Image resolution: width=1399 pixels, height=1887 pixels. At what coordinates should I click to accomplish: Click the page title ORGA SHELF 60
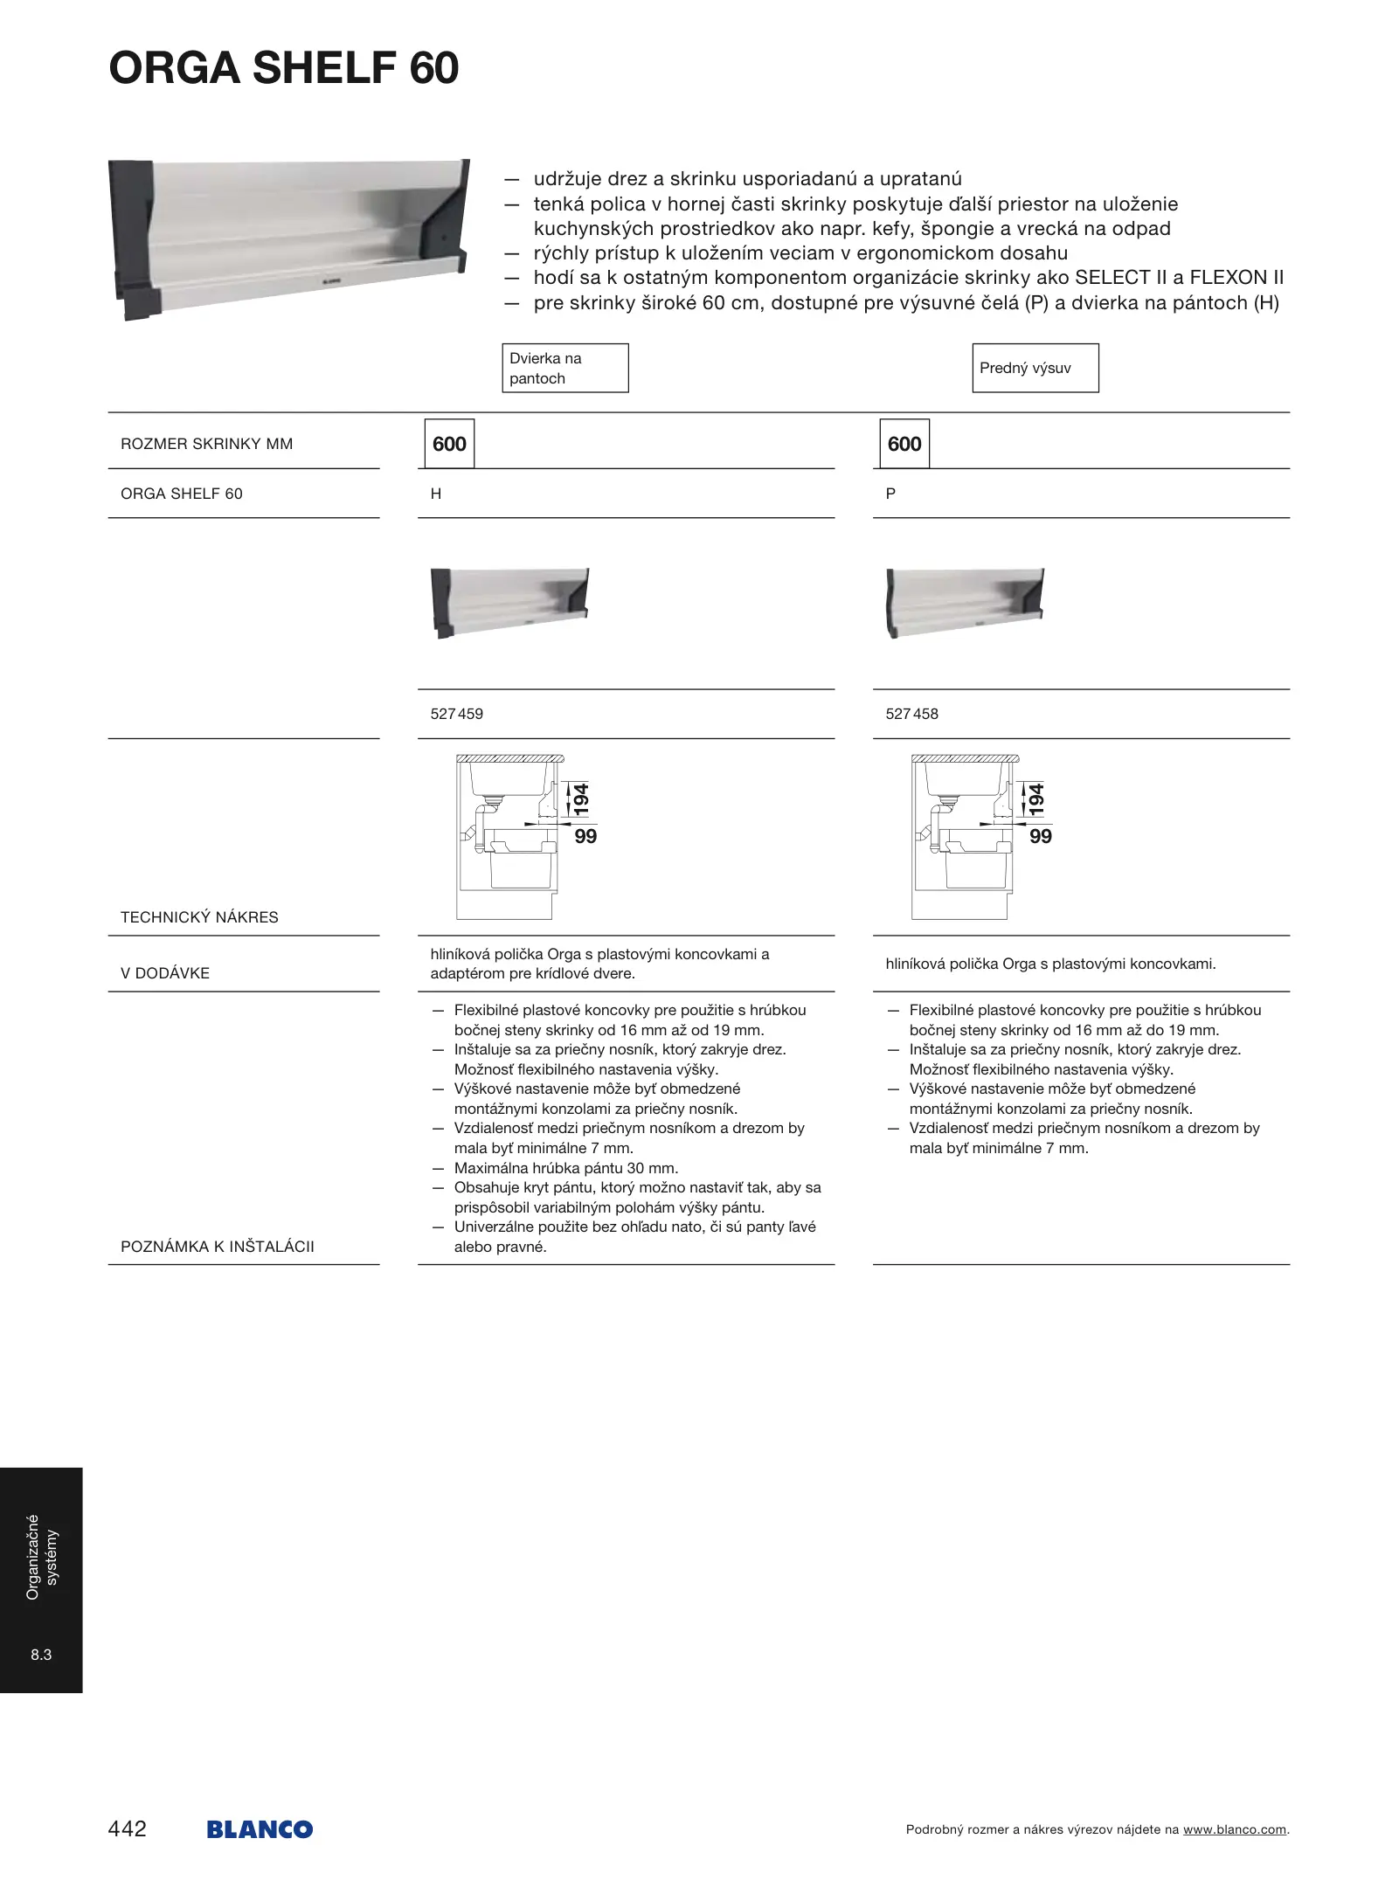click(x=284, y=68)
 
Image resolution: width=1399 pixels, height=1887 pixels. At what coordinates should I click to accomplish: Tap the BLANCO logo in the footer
click(x=260, y=1829)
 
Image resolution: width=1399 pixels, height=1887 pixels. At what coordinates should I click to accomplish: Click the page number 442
click(x=128, y=1828)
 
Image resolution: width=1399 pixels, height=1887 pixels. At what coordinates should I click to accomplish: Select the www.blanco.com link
click(x=1235, y=1829)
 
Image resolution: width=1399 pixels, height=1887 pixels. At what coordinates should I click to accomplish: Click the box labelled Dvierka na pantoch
click(x=564, y=368)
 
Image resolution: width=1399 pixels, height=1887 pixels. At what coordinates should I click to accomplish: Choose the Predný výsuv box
click(x=1035, y=368)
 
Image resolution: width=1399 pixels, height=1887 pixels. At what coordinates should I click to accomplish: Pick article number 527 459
click(x=456, y=714)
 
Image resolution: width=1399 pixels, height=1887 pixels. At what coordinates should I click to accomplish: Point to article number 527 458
click(x=911, y=714)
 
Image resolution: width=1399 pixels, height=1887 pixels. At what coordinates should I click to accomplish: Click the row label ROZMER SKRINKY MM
click(x=207, y=444)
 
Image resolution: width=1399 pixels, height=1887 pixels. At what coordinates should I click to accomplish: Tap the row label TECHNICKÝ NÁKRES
click(x=199, y=917)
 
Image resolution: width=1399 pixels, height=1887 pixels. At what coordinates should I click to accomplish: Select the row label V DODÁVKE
click(x=165, y=973)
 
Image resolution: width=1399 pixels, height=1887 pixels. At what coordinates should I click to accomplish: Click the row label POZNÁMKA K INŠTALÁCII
click(x=218, y=1247)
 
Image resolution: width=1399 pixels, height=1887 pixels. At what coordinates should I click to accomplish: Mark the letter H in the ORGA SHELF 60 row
click(x=436, y=494)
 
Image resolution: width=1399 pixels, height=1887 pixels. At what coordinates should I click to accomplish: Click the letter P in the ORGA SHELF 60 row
click(x=890, y=494)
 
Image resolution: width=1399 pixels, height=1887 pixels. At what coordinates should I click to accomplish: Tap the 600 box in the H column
click(x=449, y=444)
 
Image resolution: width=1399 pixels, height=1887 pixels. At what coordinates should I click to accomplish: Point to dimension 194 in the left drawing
click(x=580, y=799)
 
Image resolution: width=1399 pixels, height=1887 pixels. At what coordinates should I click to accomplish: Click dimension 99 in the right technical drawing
click(x=1040, y=836)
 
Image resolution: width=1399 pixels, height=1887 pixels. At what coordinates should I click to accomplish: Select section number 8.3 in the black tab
click(x=41, y=1655)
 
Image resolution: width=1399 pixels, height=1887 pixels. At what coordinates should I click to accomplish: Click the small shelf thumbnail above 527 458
click(x=965, y=602)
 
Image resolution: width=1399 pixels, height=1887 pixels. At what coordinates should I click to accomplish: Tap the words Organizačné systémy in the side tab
click(x=41, y=1557)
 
